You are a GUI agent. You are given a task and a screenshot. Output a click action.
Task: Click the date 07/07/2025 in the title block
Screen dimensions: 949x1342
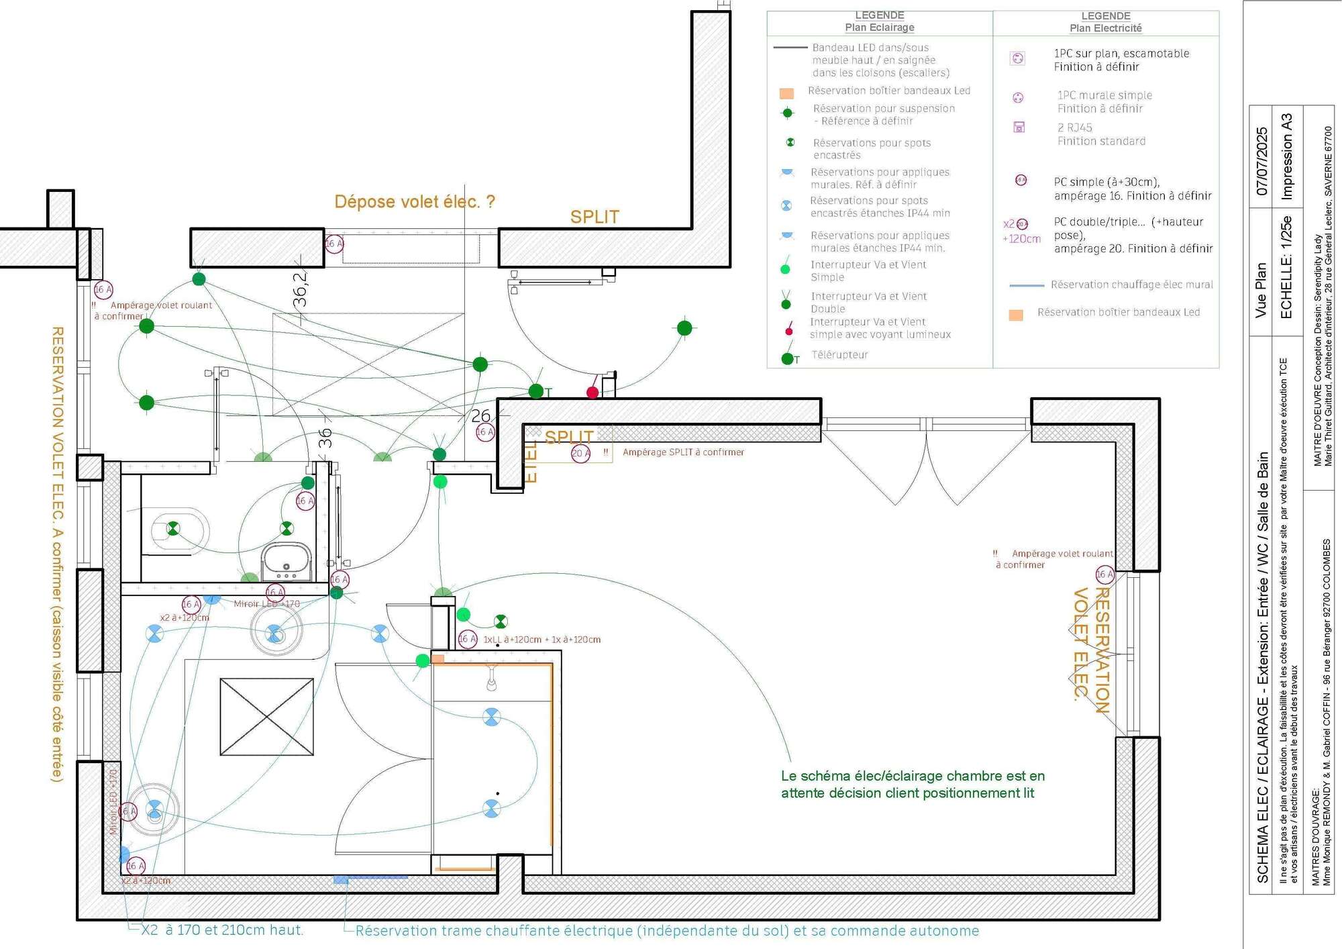(x=1262, y=161)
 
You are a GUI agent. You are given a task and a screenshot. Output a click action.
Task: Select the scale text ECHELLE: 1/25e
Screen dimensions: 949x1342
(x=1286, y=267)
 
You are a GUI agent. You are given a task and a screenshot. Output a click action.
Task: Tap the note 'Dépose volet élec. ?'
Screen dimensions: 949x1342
(x=415, y=201)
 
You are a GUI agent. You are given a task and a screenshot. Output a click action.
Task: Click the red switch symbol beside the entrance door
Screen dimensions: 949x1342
(x=592, y=393)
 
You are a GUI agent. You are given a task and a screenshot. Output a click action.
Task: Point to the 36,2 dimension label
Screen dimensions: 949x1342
(x=300, y=289)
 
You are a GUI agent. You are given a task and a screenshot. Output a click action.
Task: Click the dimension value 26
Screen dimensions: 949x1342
(x=480, y=416)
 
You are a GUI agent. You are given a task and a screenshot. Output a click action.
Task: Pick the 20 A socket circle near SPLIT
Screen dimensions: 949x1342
(x=580, y=454)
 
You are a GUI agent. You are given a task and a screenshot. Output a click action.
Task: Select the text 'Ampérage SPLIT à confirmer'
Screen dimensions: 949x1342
(x=683, y=452)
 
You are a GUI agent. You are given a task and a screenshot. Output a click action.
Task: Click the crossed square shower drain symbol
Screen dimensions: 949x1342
(x=266, y=717)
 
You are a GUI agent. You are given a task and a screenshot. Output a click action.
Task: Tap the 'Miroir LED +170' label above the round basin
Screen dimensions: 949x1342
(x=266, y=604)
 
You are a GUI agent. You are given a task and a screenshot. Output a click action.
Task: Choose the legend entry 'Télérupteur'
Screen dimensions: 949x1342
(x=839, y=355)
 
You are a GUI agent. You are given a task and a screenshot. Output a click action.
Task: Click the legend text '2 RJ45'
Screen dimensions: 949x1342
(x=1075, y=128)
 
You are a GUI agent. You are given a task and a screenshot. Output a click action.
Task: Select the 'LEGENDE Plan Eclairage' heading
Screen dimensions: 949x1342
(x=879, y=21)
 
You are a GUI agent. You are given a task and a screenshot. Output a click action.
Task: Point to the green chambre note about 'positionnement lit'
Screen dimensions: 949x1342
(x=913, y=785)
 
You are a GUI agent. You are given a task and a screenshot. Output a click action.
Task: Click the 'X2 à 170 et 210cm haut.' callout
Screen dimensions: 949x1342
(x=222, y=930)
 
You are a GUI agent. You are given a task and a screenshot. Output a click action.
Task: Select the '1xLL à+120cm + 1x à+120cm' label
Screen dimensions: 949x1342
(x=541, y=640)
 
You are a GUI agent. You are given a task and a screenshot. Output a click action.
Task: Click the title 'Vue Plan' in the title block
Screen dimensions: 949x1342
(x=1261, y=290)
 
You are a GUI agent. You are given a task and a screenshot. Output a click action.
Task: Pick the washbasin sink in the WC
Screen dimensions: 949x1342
(x=287, y=561)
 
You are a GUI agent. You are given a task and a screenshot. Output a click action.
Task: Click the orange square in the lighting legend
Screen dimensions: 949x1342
(x=786, y=93)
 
